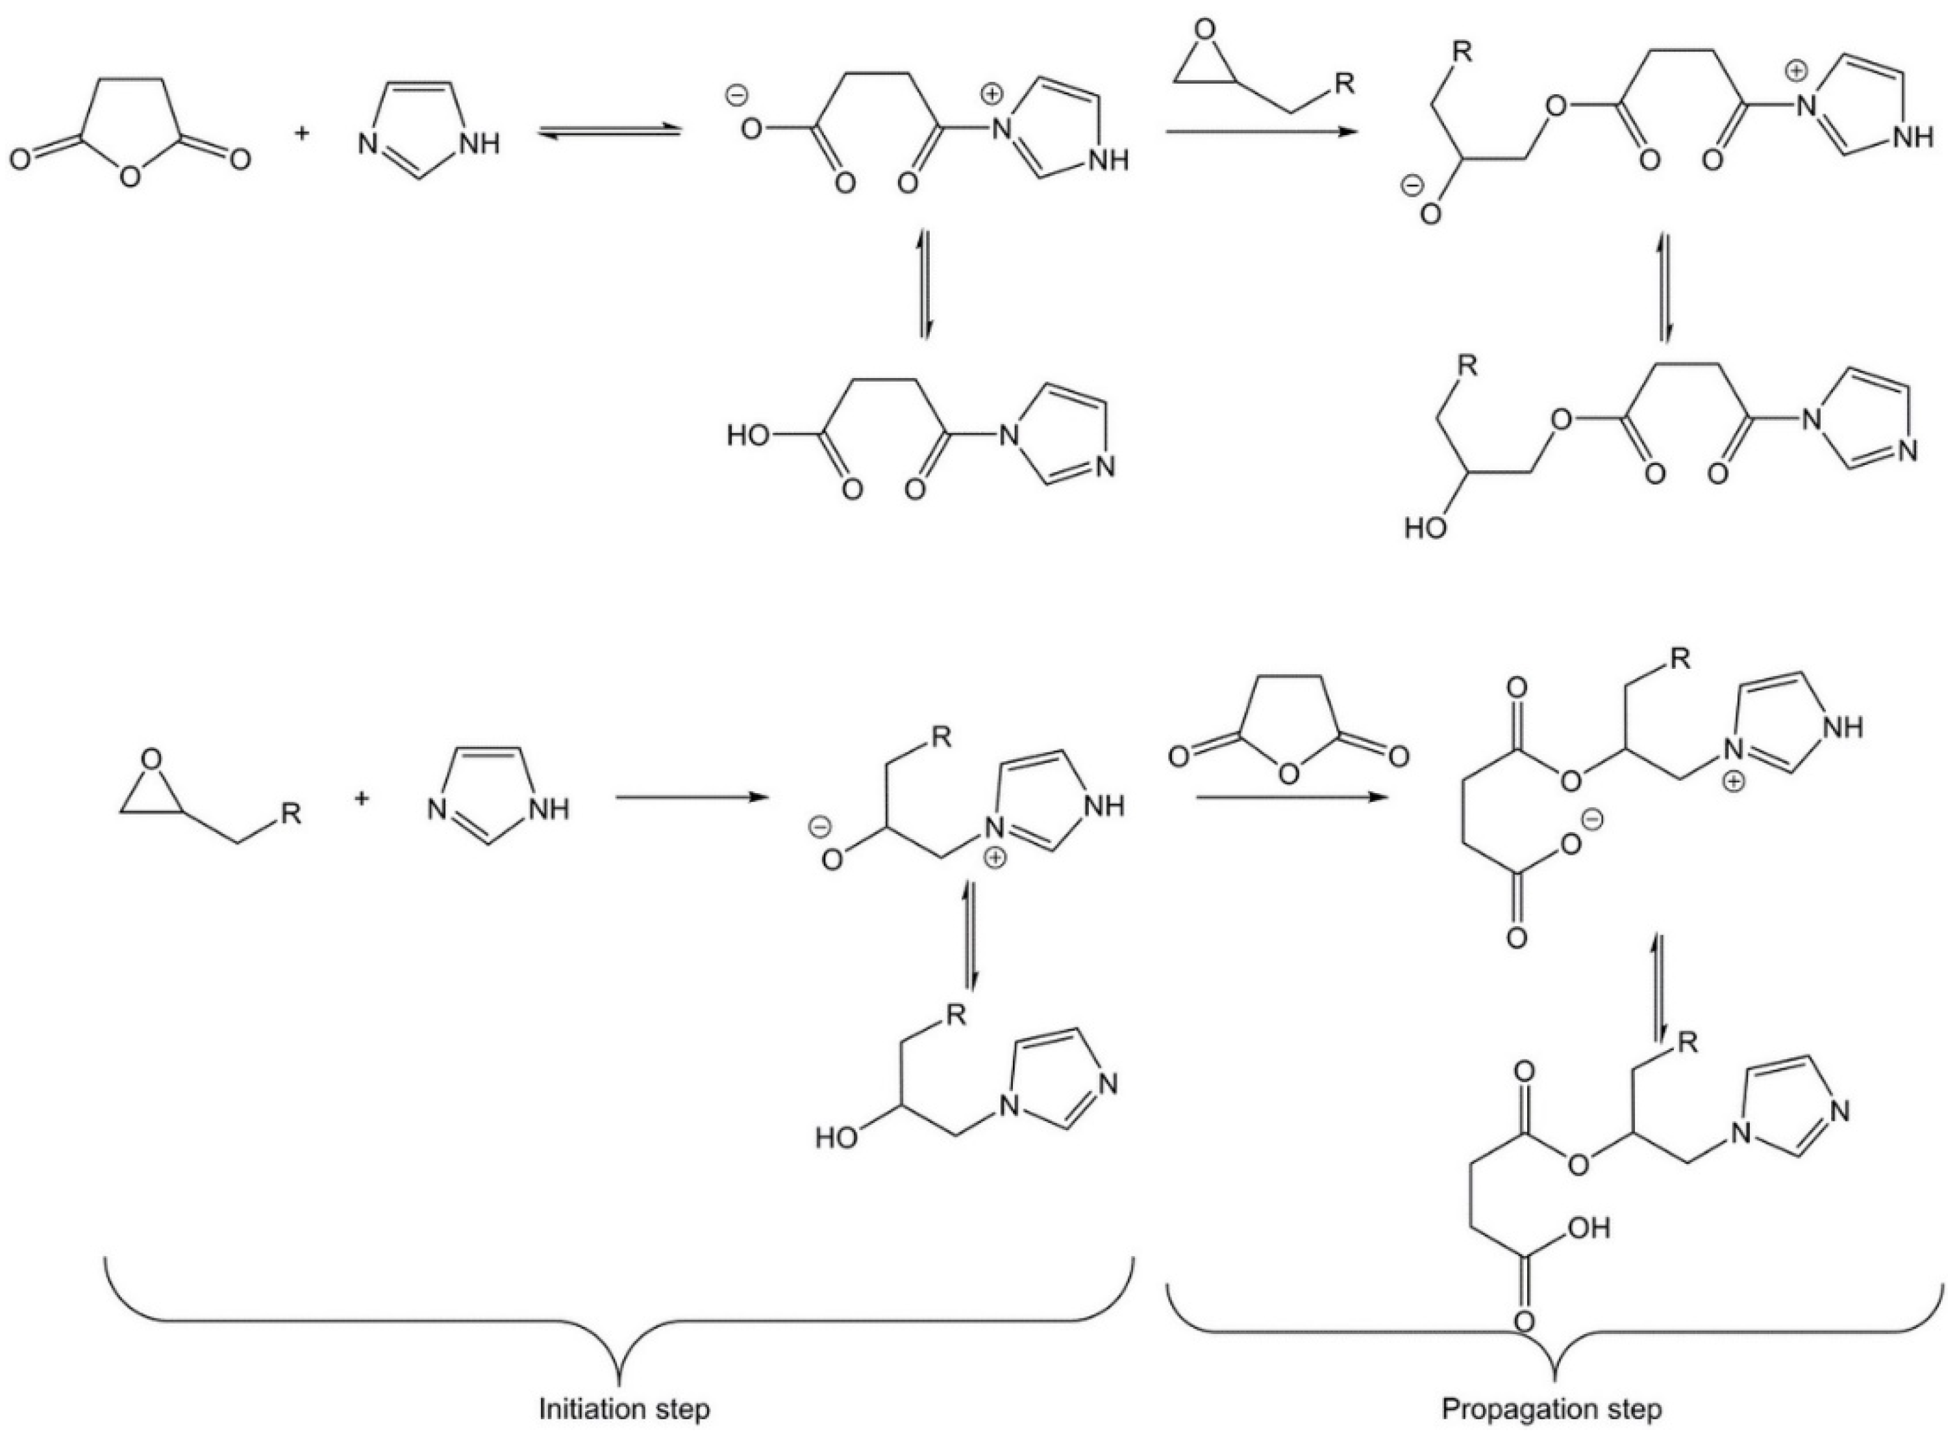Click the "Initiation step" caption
coord(624,1408)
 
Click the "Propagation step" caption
coord(1551,1408)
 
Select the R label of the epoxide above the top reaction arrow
coord(1343,84)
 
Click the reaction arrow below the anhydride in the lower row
coord(1288,797)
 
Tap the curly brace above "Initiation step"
coord(619,1313)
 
